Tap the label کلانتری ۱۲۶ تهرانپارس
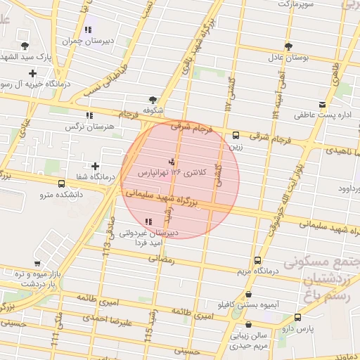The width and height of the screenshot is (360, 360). tap(173, 172)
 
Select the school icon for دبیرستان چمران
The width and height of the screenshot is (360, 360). tap(88, 30)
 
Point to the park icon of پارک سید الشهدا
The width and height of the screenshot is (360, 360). tap(25, 44)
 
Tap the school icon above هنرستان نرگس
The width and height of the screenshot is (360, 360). tap(89, 115)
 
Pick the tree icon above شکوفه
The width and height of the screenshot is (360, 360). tap(153, 100)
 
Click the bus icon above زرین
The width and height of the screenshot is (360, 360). tap(235, 136)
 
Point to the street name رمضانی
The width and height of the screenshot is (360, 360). tap(161, 259)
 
